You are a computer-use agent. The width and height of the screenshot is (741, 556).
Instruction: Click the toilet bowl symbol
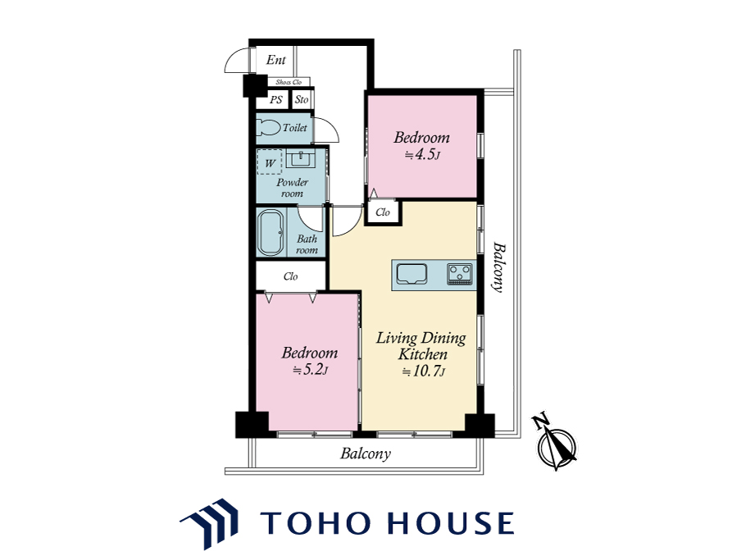pyautogui.click(x=268, y=127)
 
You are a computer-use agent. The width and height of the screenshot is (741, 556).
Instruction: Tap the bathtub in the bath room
pyautogui.click(x=270, y=233)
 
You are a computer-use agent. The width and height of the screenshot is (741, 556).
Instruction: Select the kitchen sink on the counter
pyautogui.click(x=411, y=274)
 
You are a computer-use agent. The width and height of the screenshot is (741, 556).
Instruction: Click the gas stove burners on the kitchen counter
pyautogui.click(x=460, y=274)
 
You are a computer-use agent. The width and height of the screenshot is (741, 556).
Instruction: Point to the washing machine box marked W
pyautogui.click(x=270, y=162)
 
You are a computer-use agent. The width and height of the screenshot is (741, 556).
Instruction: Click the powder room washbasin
pyautogui.click(x=301, y=158)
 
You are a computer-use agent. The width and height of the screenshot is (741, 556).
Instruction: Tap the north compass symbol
pyautogui.click(x=555, y=442)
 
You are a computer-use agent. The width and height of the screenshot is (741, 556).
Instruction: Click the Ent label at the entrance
pyautogui.click(x=276, y=60)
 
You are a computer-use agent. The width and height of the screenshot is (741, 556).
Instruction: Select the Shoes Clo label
pyautogui.click(x=289, y=82)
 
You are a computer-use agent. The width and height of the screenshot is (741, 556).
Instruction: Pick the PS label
pyautogui.click(x=276, y=100)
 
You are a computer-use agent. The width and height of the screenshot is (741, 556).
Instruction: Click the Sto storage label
pyautogui.click(x=302, y=100)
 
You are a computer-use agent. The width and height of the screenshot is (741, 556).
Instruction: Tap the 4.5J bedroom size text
pyautogui.click(x=422, y=155)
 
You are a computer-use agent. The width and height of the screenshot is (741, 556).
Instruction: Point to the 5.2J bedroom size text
pyautogui.click(x=310, y=370)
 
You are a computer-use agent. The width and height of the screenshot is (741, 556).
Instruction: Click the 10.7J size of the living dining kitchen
pyautogui.click(x=423, y=371)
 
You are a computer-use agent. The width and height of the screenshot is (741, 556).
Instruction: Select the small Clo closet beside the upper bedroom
pyautogui.click(x=383, y=212)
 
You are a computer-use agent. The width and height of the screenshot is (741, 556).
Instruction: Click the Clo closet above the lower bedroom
pyautogui.click(x=291, y=276)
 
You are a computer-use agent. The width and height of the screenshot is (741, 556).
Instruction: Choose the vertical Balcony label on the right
pyautogui.click(x=498, y=267)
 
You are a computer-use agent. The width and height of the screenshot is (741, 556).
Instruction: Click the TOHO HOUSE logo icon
pyautogui.click(x=208, y=522)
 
